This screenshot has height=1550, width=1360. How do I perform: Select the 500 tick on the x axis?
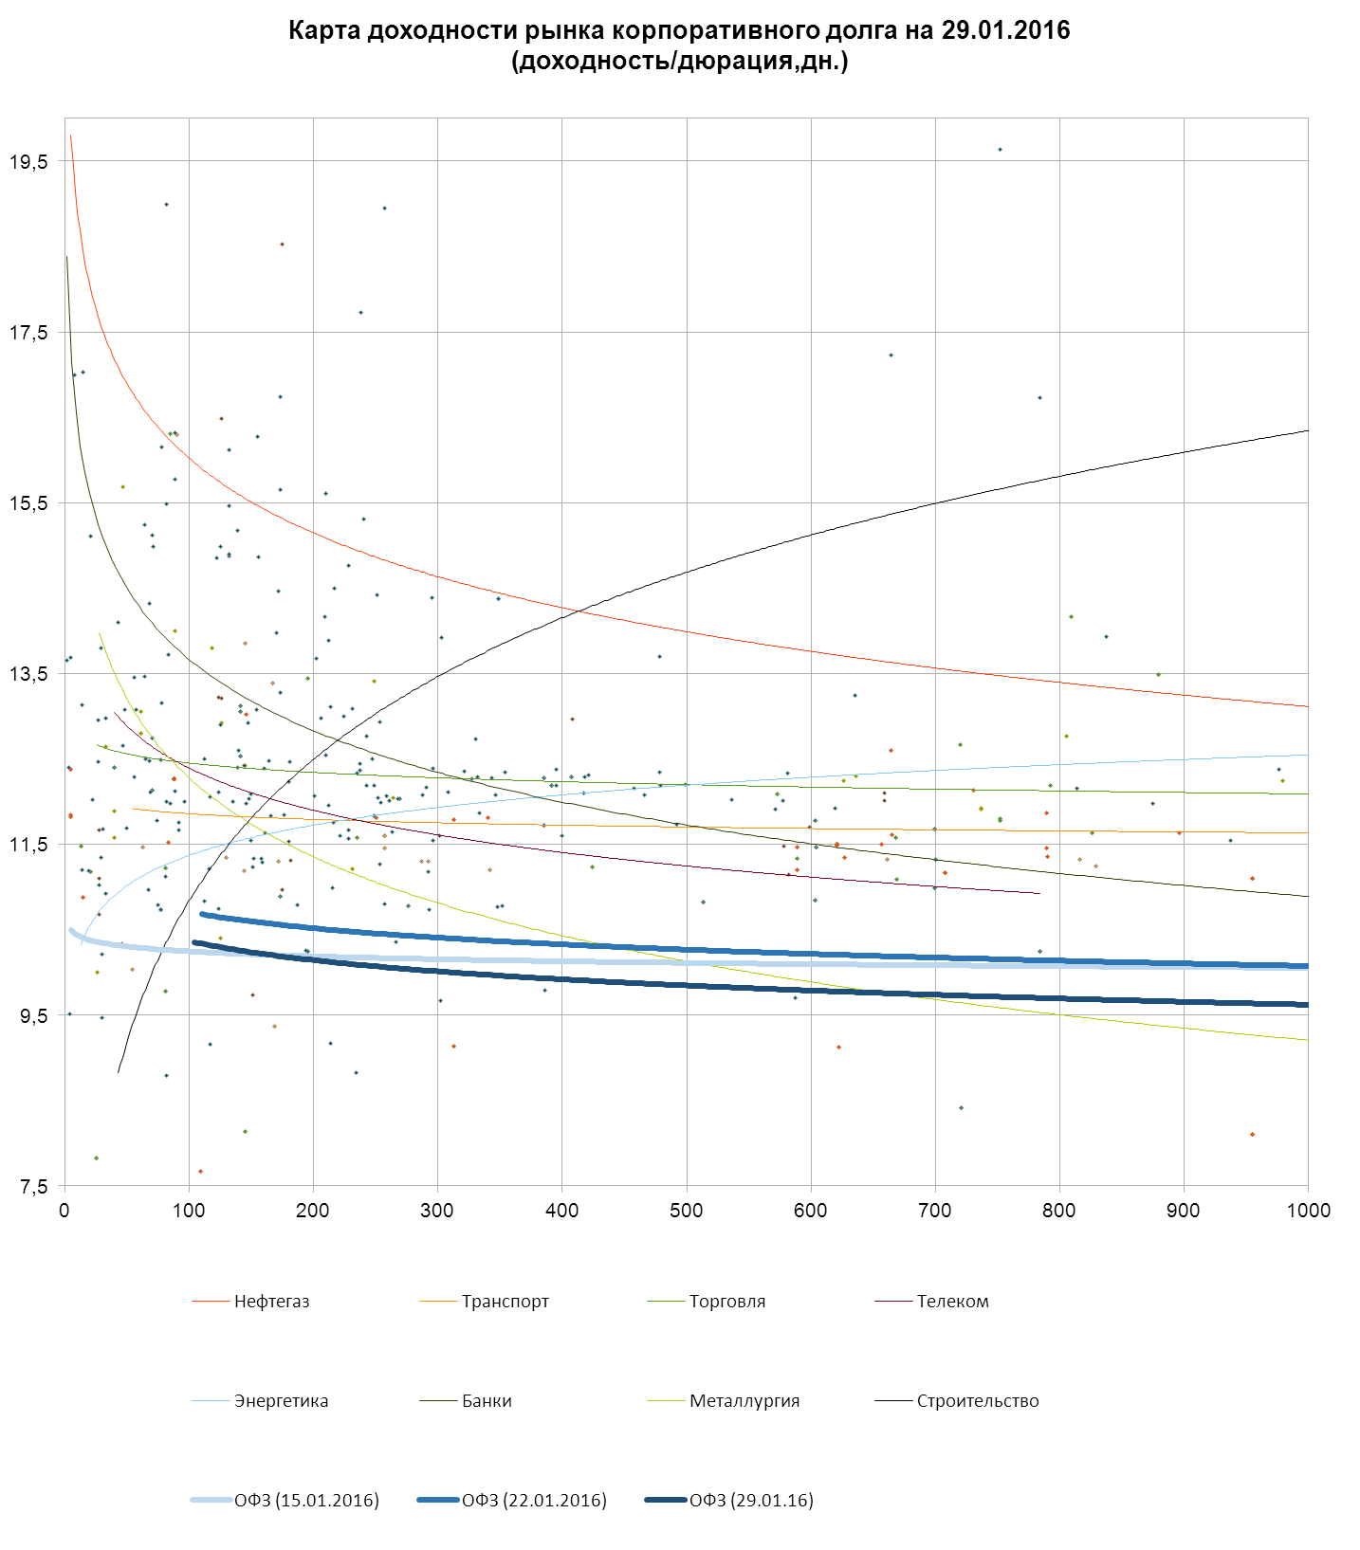[687, 1211]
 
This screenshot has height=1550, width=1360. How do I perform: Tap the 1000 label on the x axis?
[1308, 1211]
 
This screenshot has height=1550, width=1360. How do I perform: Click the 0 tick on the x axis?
[64, 1211]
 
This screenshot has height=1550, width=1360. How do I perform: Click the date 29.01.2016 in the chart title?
[1005, 30]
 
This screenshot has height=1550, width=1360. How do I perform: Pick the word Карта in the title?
[323, 30]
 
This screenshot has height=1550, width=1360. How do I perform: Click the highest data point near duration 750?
[1000, 150]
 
